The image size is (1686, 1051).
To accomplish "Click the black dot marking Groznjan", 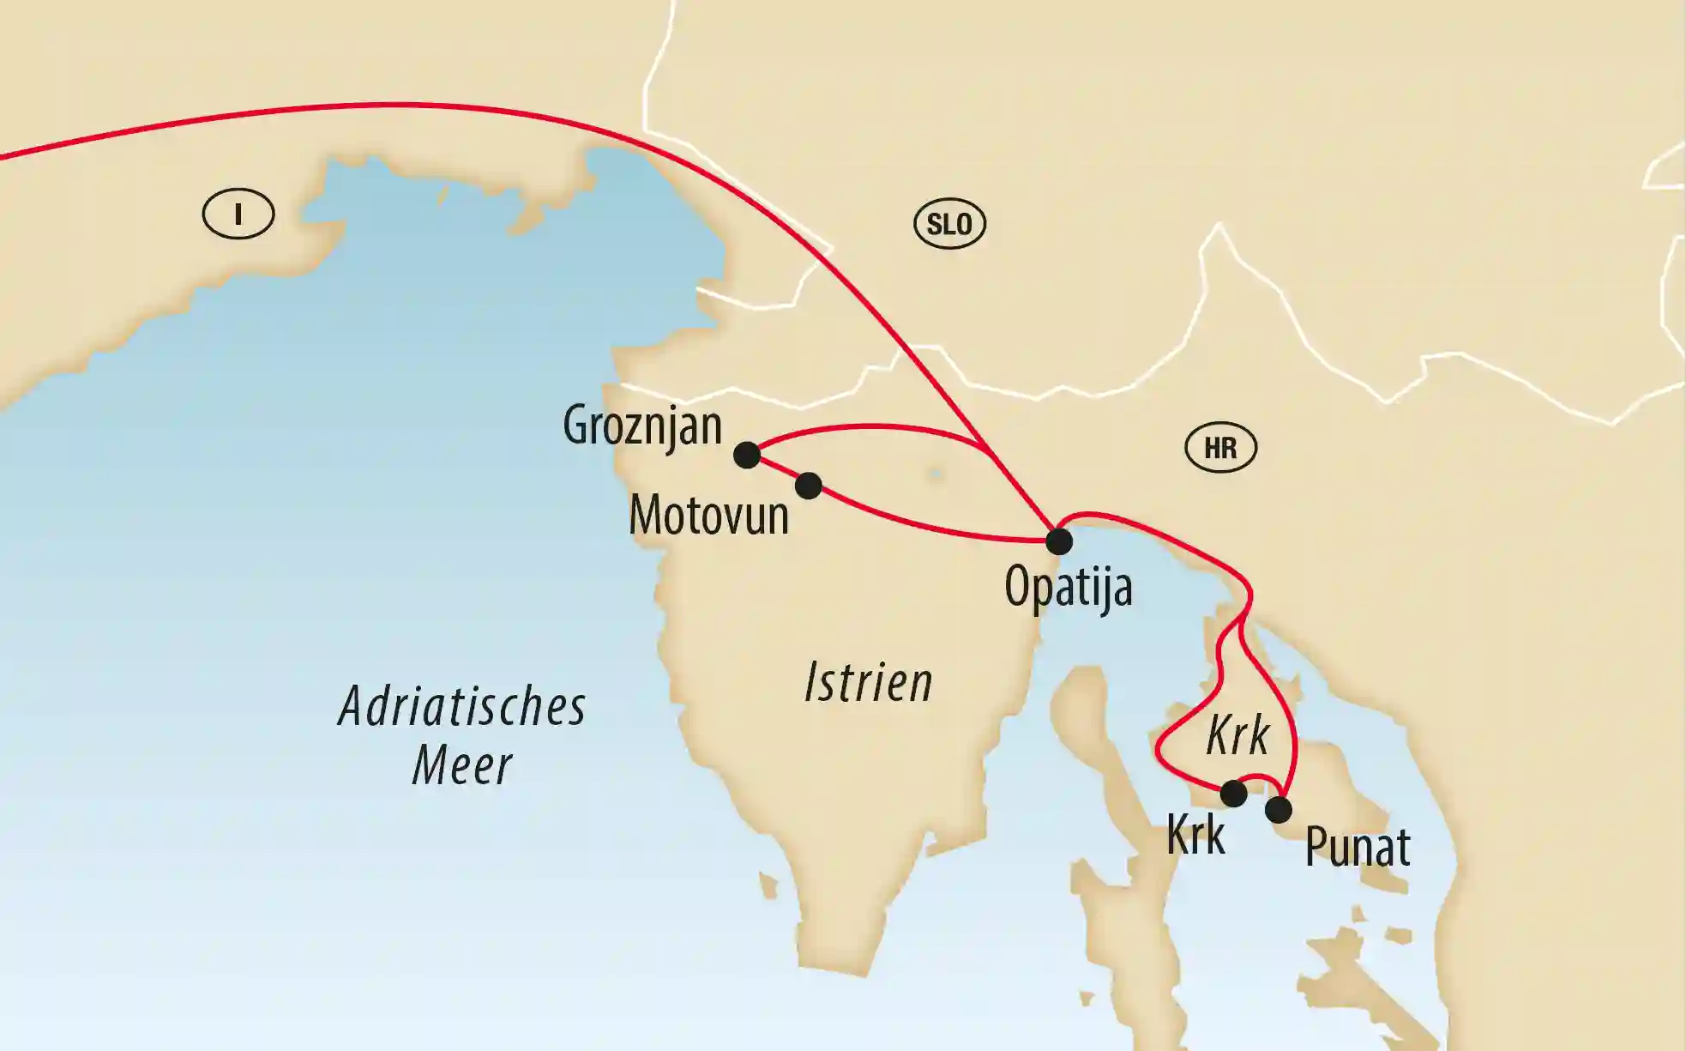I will [x=747, y=455].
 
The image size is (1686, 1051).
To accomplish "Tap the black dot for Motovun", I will [x=808, y=486].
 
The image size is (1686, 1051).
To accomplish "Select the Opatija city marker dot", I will [x=1059, y=541].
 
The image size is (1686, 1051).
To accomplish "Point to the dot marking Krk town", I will [x=1233, y=794].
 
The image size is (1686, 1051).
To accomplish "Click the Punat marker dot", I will [x=1278, y=809].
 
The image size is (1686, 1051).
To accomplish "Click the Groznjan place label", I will [x=642, y=426].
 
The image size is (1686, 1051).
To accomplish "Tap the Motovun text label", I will [x=708, y=516].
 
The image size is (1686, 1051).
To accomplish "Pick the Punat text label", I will [x=1358, y=848].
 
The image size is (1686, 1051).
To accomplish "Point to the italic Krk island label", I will [x=1237, y=735].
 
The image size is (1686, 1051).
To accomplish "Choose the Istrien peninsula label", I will [x=868, y=684].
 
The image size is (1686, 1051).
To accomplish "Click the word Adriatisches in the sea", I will [x=462, y=708].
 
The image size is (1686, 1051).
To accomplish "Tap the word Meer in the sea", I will [x=462, y=766].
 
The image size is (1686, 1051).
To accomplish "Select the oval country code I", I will [x=238, y=214].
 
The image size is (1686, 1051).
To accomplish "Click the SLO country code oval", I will [x=949, y=225].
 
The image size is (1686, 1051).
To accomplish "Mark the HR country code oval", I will [x=1220, y=448].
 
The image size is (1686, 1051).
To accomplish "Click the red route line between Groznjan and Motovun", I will [x=777, y=470].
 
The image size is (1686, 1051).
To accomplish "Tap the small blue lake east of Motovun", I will [x=935, y=473].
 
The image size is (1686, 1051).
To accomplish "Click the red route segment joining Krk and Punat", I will [x=1257, y=778].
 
